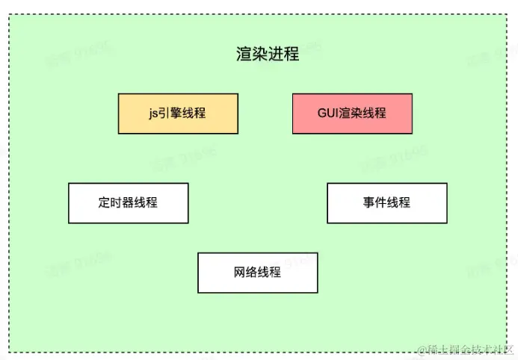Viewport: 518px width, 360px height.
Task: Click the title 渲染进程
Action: [x=267, y=55]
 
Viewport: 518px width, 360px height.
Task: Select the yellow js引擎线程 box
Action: [x=178, y=114]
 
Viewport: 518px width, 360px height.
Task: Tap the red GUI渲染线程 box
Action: [x=351, y=114]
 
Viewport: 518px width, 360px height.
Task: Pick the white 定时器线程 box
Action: [x=128, y=202]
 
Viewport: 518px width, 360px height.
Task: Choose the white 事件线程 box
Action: [x=386, y=202]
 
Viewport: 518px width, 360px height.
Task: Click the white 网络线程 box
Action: [x=257, y=272]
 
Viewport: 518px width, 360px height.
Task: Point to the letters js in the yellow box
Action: [x=153, y=114]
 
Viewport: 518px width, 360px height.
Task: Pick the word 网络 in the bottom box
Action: [x=246, y=272]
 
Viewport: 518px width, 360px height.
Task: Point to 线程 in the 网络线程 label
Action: [x=269, y=272]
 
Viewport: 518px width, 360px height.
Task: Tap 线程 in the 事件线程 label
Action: [x=398, y=202]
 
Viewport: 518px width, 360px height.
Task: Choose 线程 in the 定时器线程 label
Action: [x=146, y=202]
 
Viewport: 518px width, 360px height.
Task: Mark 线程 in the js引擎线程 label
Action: [x=194, y=114]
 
